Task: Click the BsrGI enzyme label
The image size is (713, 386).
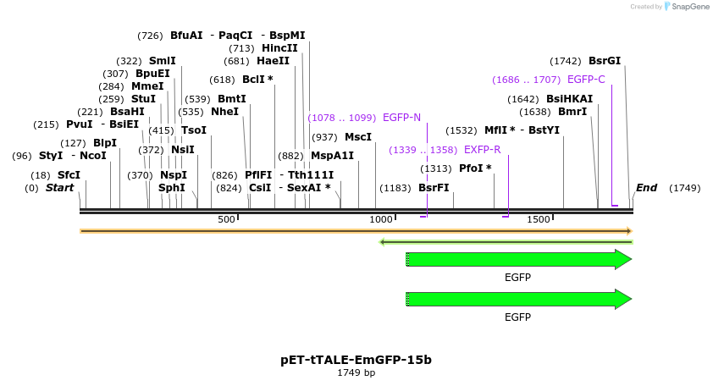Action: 604,61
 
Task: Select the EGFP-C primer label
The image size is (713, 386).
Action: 586,80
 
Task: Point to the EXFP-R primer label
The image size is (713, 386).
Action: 482,150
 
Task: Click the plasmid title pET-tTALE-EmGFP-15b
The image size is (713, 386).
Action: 356,360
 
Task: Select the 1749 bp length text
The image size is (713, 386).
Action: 356,372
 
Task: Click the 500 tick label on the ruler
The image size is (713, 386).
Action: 225,220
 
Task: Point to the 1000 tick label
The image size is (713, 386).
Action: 382,220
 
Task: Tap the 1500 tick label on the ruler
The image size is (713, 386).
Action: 539,220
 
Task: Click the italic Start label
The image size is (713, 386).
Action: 59,188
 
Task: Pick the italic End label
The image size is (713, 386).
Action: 646,188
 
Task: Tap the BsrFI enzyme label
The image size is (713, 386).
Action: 434,188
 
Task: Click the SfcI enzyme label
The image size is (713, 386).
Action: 69,175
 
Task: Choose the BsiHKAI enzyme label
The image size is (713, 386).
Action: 569,99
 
